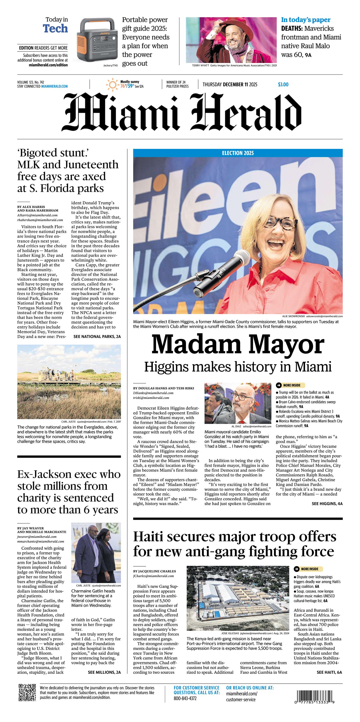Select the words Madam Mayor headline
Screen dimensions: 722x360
point(238,344)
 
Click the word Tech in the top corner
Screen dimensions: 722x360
point(55,29)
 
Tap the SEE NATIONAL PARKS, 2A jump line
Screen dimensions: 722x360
point(97,336)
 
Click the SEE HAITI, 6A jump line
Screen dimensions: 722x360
point(329,672)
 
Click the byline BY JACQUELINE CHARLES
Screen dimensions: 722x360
point(155,571)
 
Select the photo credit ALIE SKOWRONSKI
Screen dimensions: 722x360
point(293,316)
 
